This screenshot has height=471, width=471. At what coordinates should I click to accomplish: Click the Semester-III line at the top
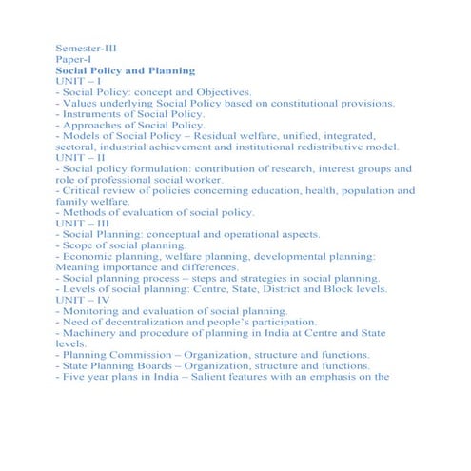(x=88, y=46)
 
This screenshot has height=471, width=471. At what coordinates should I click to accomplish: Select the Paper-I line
(x=74, y=59)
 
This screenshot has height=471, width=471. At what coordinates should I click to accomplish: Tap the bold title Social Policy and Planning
(x=125, y=71)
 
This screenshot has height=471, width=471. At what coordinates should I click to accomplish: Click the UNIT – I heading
(x=79, y=84)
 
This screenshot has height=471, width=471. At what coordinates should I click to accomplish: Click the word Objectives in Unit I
(x=220, y=97)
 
